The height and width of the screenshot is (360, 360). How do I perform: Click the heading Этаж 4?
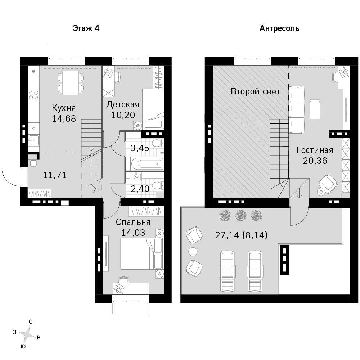86,28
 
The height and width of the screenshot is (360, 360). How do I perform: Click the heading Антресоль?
279,28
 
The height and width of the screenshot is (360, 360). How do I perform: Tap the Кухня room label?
64,108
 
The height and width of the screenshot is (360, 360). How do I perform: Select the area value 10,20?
123,115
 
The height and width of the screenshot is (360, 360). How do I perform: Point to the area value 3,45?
140,148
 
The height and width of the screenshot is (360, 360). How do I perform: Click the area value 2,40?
140,189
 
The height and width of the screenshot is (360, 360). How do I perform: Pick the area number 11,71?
55,175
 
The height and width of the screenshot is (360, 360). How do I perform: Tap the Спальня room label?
133,222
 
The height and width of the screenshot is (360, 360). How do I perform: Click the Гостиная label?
315,150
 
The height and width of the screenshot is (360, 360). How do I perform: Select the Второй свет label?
255,91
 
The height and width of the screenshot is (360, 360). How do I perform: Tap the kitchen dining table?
71,83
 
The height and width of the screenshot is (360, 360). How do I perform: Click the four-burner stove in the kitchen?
33,95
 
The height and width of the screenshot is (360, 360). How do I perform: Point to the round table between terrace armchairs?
193,252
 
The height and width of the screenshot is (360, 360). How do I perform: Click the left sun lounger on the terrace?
227,271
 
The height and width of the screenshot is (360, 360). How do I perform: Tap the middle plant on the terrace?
241,215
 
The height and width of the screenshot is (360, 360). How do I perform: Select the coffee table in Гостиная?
315,109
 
